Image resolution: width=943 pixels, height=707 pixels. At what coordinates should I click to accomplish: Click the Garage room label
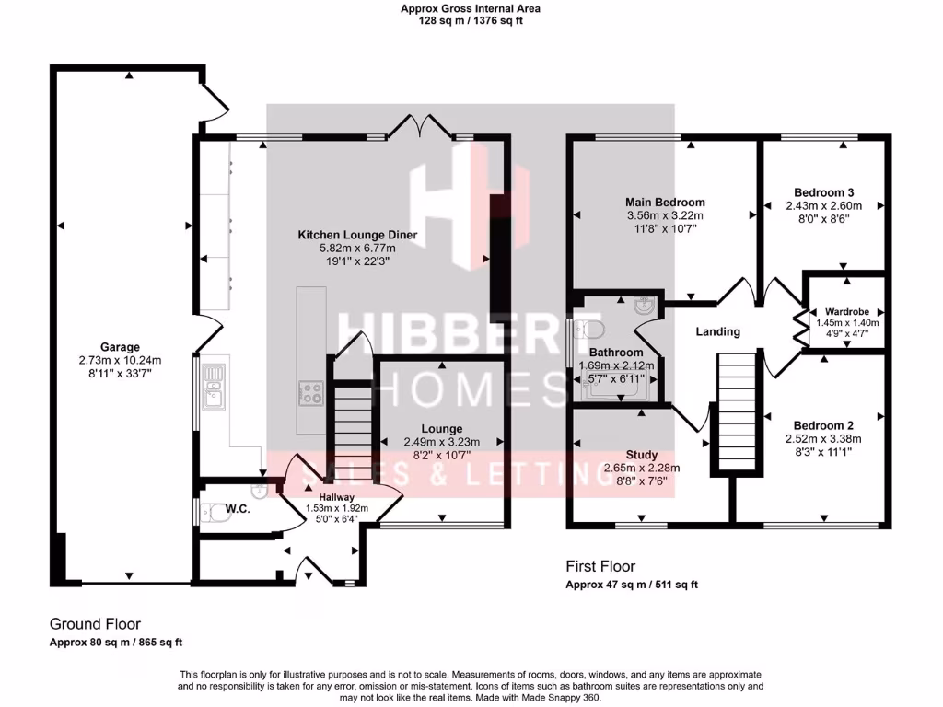click(x=121, y=347)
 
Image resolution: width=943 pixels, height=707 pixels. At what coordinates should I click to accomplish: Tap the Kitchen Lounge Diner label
click(x=357, y=236)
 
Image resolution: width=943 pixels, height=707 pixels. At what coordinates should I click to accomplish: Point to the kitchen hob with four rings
click(x=311, y=394)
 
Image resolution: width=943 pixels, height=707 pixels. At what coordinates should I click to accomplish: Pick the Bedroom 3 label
click(x=824, y=192)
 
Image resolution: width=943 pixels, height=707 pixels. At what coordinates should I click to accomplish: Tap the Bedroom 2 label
click(x=823, y=425)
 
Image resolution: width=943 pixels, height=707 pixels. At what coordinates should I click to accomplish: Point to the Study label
click(x=642, y=455)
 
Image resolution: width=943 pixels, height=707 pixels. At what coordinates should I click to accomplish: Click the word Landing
click(x=717, y=331)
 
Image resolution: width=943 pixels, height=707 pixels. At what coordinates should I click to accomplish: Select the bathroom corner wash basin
click(x=646, y=307)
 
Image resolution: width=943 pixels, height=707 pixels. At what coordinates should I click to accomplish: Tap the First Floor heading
click(x=600, y=566)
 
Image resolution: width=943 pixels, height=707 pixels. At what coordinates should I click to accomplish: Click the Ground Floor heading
click(x=95, y=624)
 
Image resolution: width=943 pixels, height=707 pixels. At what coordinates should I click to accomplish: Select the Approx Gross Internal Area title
click(x=470, y=8)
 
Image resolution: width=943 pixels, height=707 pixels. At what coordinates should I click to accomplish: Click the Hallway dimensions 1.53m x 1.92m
click(x=336, y=507)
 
